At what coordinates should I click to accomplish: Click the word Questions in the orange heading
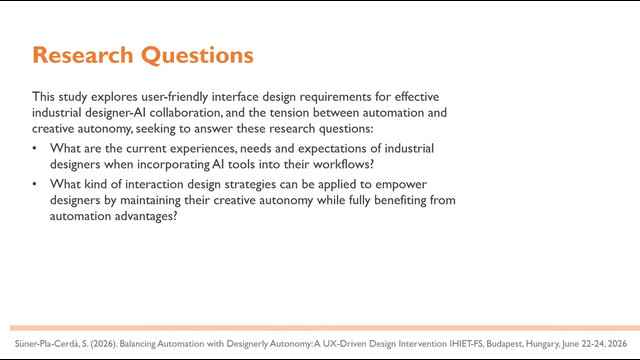[x=197, y=56]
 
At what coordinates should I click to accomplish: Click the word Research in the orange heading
[x=83, y=55]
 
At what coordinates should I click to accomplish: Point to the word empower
[x=401, y=184]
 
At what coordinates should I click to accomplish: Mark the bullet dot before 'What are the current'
[x=35, y=148]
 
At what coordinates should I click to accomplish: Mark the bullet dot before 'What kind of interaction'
[x=35, y=184]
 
